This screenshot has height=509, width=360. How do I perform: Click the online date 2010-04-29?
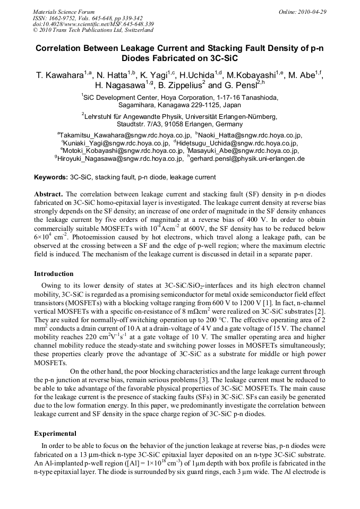point(313,12)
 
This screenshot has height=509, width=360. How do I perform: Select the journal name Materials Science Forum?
point(64,12)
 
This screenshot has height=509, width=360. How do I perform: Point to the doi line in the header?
point(93,24)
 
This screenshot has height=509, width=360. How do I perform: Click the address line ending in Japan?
point(179,105)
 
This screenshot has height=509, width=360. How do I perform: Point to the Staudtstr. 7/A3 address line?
point(179,124)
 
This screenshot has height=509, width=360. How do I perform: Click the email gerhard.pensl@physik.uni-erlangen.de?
point(247,158)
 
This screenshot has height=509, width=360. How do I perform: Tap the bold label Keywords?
point(51,177)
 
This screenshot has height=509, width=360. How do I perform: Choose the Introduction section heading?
point(54,274)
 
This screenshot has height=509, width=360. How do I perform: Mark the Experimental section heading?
point(55,434)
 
